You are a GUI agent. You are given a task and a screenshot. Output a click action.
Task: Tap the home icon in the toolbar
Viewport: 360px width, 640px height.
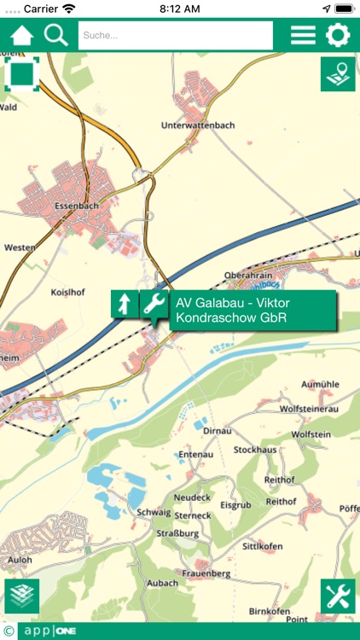(21, 36)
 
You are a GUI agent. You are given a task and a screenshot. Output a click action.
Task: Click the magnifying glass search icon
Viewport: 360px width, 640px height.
(56, 36)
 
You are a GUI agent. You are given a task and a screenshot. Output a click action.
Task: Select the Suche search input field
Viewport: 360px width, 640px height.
(175, 36)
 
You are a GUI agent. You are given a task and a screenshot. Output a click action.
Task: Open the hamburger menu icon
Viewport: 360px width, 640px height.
(303, 36)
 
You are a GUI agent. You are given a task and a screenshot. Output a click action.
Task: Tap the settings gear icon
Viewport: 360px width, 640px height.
(339, 36)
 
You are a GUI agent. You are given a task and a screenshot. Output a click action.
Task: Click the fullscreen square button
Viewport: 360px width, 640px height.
(22, 74)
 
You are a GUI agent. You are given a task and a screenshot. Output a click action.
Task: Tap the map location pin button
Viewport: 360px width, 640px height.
(338, 74)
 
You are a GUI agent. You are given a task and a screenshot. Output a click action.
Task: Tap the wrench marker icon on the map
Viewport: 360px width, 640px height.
(154, 305)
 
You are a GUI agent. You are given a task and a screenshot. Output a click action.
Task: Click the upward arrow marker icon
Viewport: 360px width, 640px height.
(125, 304)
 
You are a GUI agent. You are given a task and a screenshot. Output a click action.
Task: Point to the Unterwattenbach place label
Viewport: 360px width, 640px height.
(198, 125)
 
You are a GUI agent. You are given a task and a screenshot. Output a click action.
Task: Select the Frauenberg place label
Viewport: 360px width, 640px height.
(206, 573)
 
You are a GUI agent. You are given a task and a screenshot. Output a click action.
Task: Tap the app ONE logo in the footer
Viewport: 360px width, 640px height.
(51, 631)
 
